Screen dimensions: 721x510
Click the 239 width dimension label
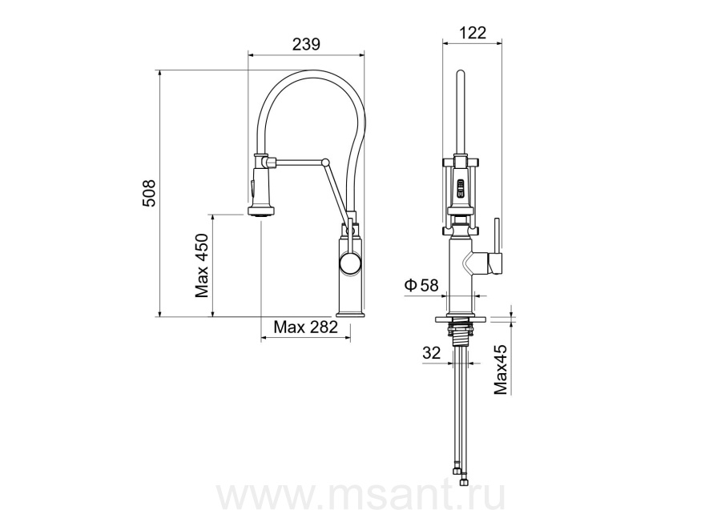pos(306,44)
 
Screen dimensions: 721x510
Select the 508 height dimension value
pos(149,193)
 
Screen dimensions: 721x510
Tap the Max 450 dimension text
pos(202,266)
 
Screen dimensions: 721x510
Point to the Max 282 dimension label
pos(305,327)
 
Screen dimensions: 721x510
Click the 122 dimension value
pos(472,33)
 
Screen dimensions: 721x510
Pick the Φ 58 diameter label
pos(421,285)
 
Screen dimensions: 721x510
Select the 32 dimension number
pos(431,352)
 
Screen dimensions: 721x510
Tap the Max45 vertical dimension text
pos(501,370)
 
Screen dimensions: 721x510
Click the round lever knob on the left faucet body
pos(351,265)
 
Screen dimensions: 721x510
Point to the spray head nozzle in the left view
pos(263,211)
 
